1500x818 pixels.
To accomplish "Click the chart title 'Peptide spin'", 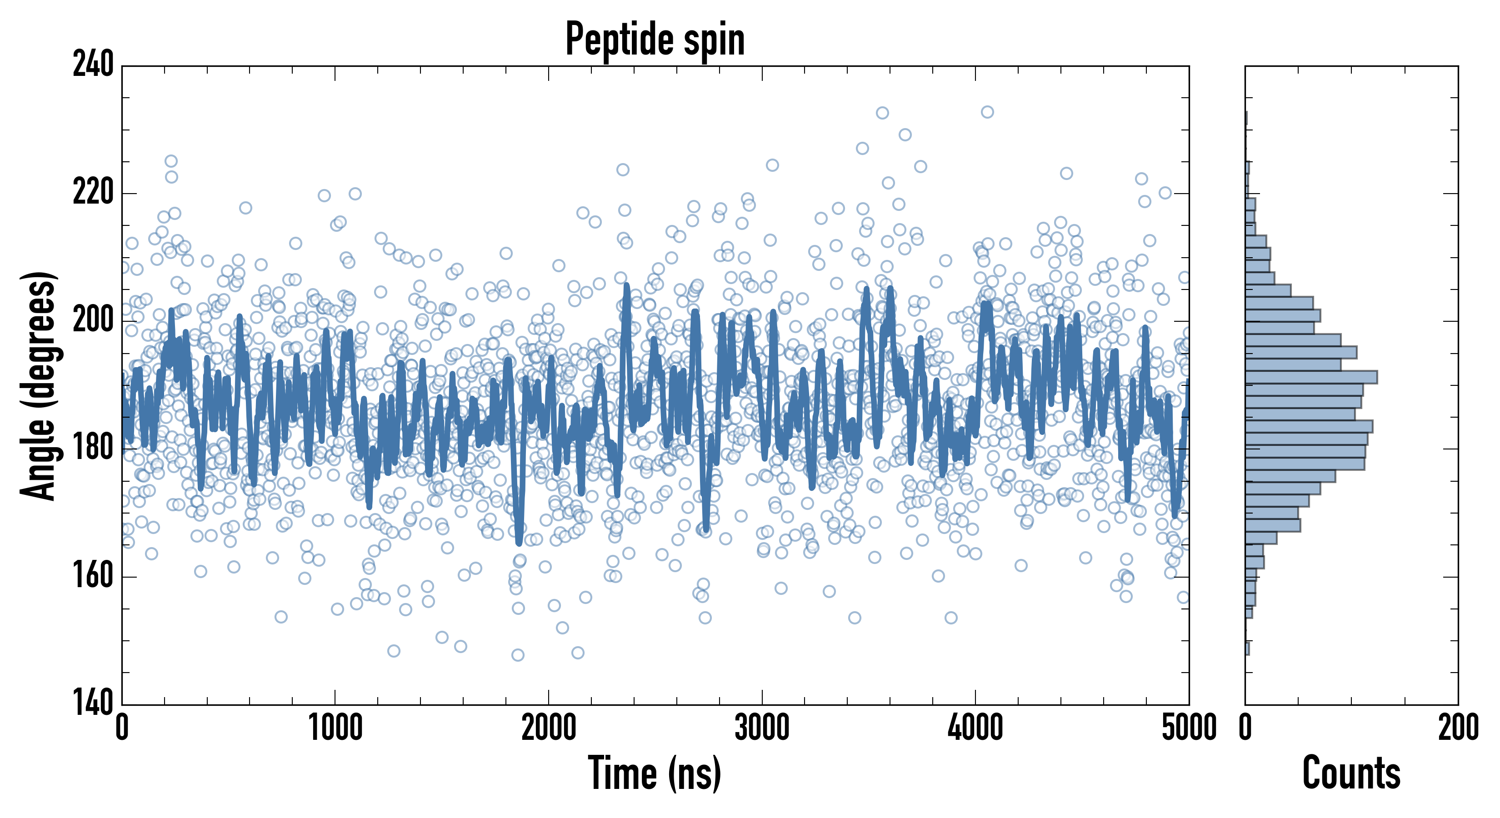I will [x=655, y=39].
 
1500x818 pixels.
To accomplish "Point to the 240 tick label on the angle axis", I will [x=93, y=64].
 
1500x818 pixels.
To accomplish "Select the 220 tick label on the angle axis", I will [x=93, y=192].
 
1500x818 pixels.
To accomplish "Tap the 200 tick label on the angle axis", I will [x=93, y=320].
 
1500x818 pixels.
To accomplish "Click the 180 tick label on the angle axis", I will [x=93, y=448].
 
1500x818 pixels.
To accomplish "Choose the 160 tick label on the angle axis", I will [x=93, y=576].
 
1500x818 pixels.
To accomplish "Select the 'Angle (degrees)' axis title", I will [x=39, y=385].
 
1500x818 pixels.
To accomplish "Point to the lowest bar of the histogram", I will [x=1247, y=648].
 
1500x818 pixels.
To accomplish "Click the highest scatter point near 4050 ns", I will [x=987, y=112].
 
